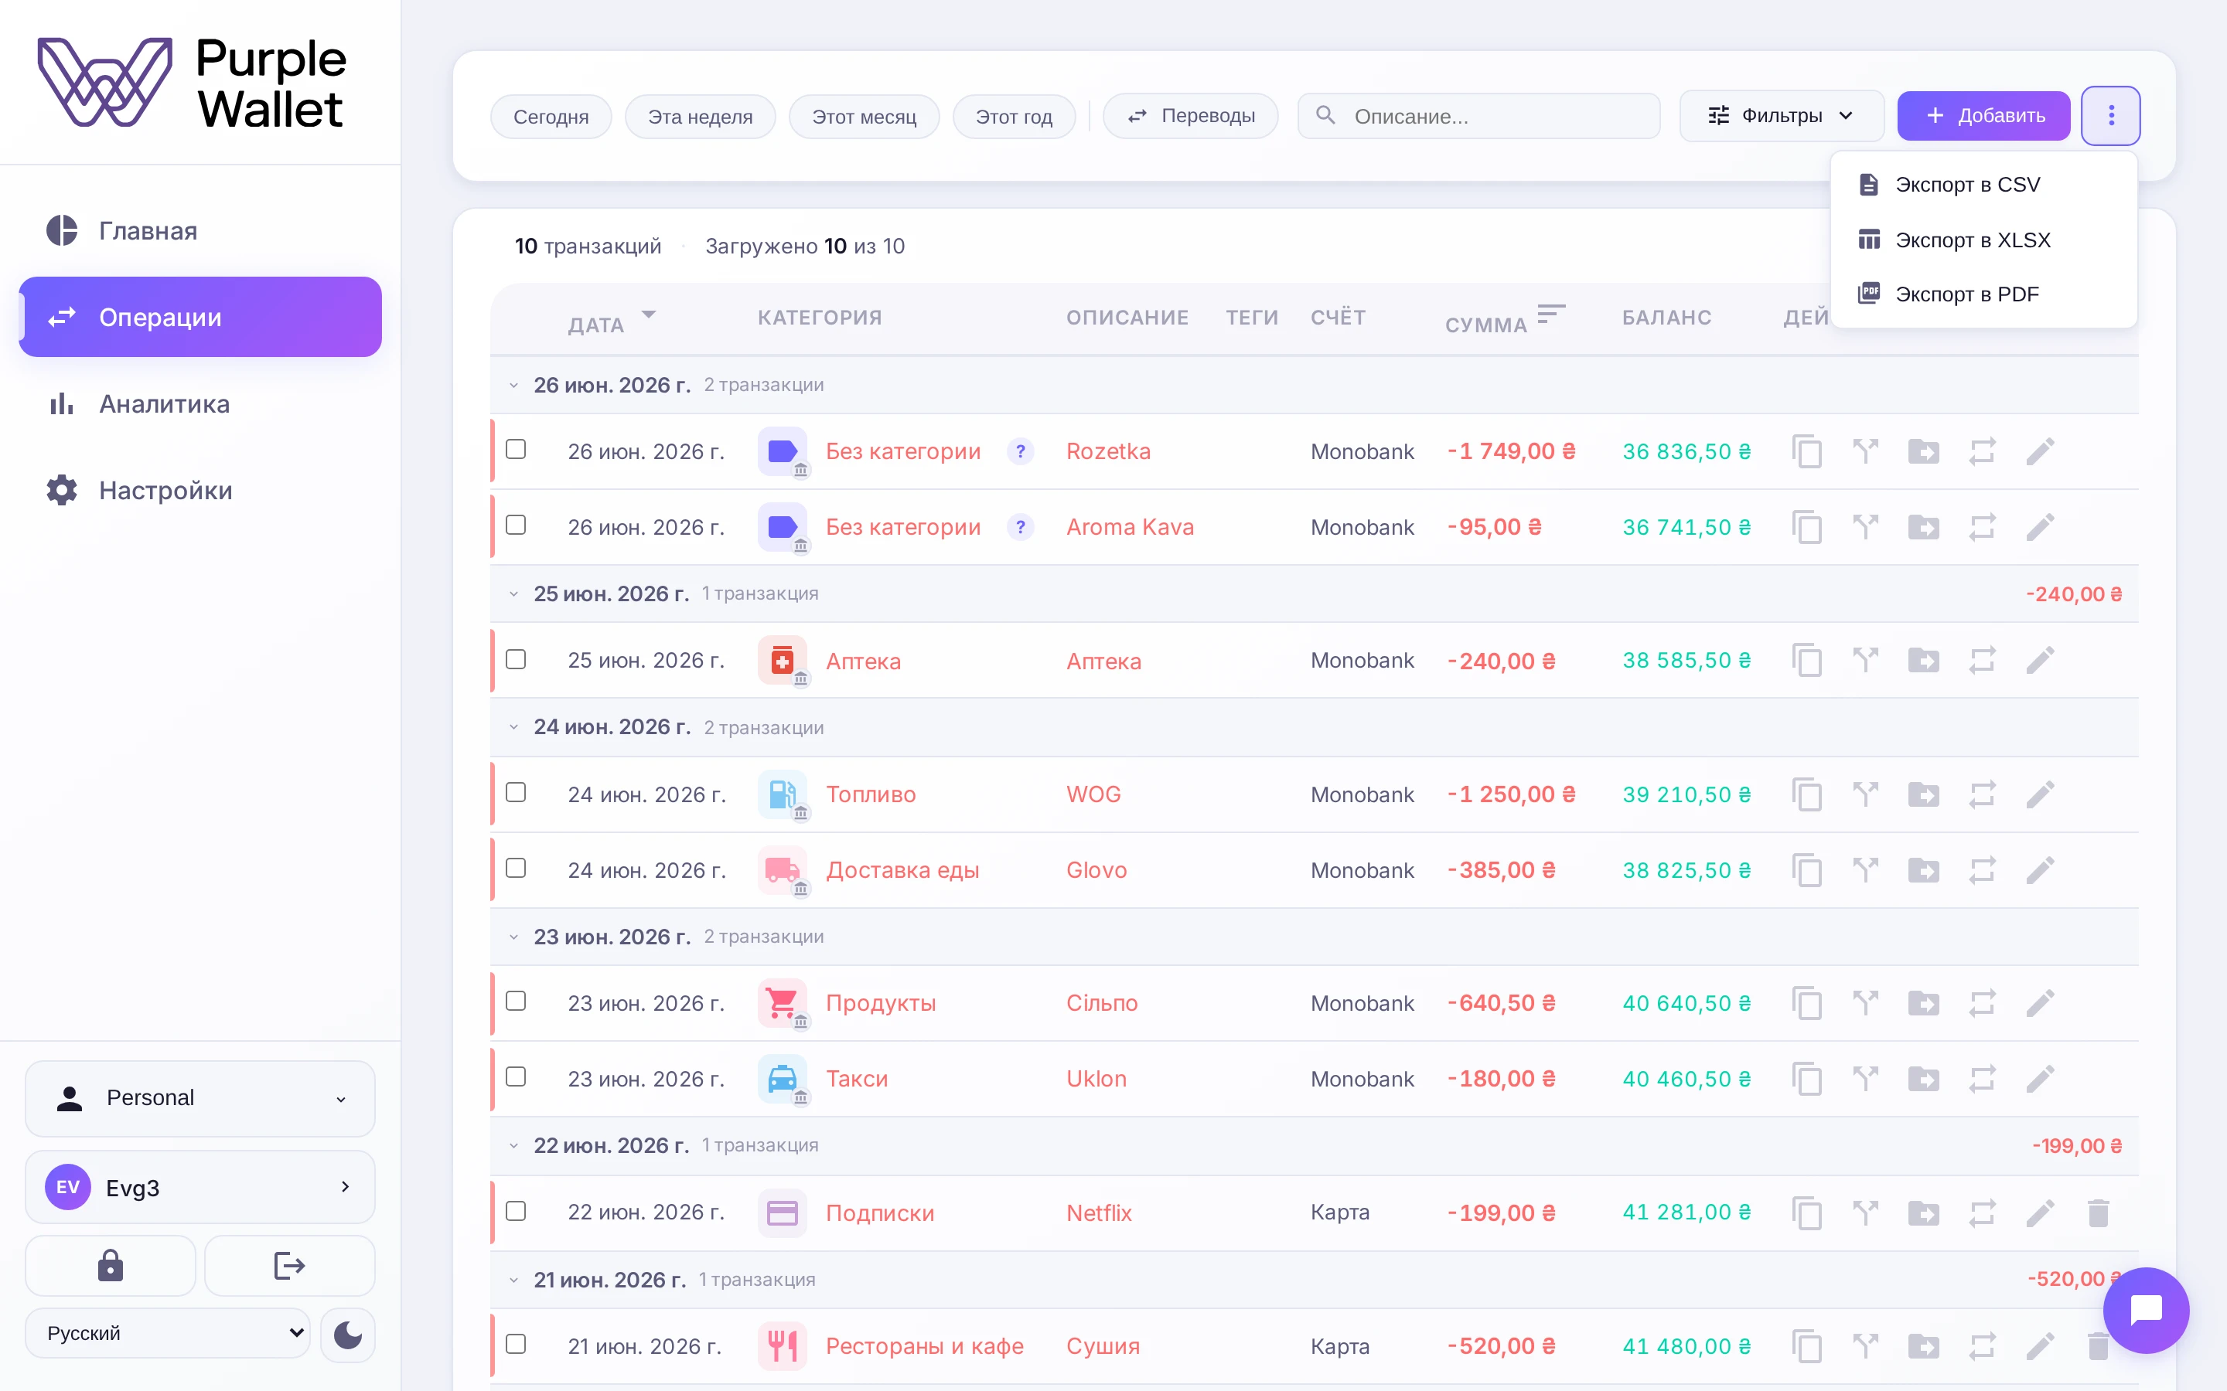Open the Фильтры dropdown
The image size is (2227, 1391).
1781,116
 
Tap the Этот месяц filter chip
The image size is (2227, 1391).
864,117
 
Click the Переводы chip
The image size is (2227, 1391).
1191,116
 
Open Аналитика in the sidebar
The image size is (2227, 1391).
165,404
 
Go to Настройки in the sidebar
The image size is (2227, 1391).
165,491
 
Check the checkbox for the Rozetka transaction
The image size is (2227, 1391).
517,449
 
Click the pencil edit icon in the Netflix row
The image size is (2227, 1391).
2039,1212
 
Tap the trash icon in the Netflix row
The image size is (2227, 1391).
2098,1212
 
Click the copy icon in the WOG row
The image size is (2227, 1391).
1806,794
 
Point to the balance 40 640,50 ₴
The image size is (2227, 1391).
1686,1003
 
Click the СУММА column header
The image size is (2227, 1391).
1486,325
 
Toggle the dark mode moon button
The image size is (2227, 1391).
348,1334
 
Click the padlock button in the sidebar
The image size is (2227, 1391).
111,1266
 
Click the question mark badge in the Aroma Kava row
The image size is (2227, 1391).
1020,527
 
